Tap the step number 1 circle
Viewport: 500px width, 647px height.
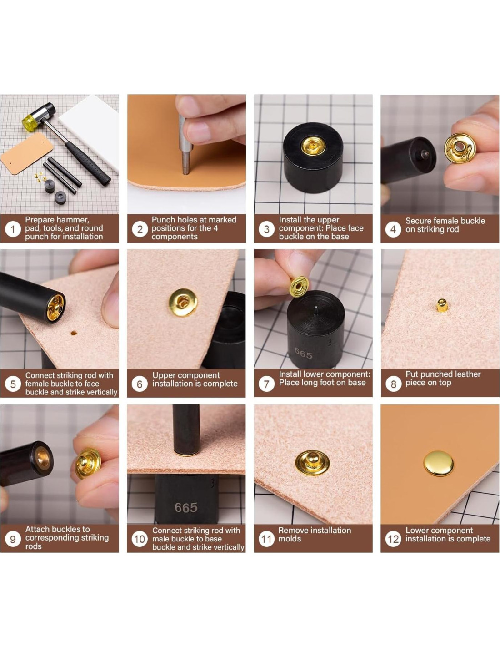[12, 229]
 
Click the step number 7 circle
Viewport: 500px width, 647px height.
[266, 384]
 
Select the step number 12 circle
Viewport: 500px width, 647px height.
[393, 539]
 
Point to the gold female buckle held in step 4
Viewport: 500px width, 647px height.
[460, 148]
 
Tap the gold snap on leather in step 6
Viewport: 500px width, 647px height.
[183, 303]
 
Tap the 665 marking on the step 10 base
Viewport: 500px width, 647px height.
[186, 508]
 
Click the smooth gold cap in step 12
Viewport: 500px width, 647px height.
[439, 463]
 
